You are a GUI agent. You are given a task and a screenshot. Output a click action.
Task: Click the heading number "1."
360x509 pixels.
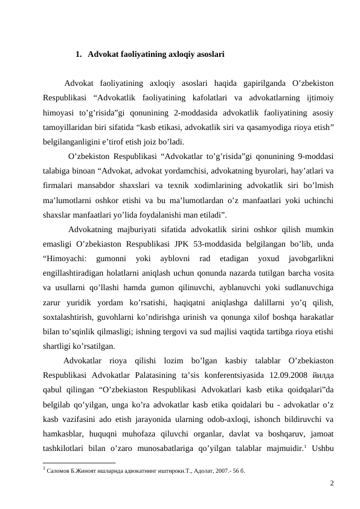(x=80, y=54)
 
